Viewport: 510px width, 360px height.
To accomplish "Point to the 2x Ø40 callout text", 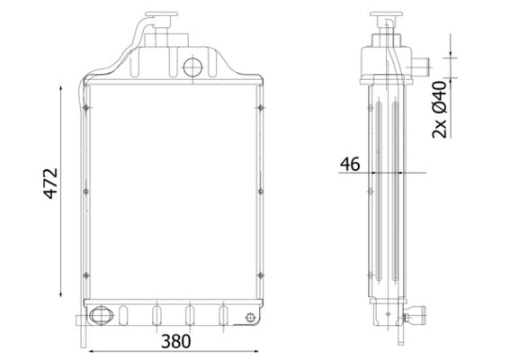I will click(x=440, y=109).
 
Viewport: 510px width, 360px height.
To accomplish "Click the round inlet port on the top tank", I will click(x=192, y=67).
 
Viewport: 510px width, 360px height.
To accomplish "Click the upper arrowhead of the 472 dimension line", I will click(x=61, y=86).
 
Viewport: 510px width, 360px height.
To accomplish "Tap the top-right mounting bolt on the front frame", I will click(x=259, y=109).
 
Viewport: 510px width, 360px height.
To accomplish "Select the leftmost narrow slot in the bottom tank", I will click(x=124, y=315).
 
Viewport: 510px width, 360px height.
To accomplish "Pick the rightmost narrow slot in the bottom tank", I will click(x=221, y=315).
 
